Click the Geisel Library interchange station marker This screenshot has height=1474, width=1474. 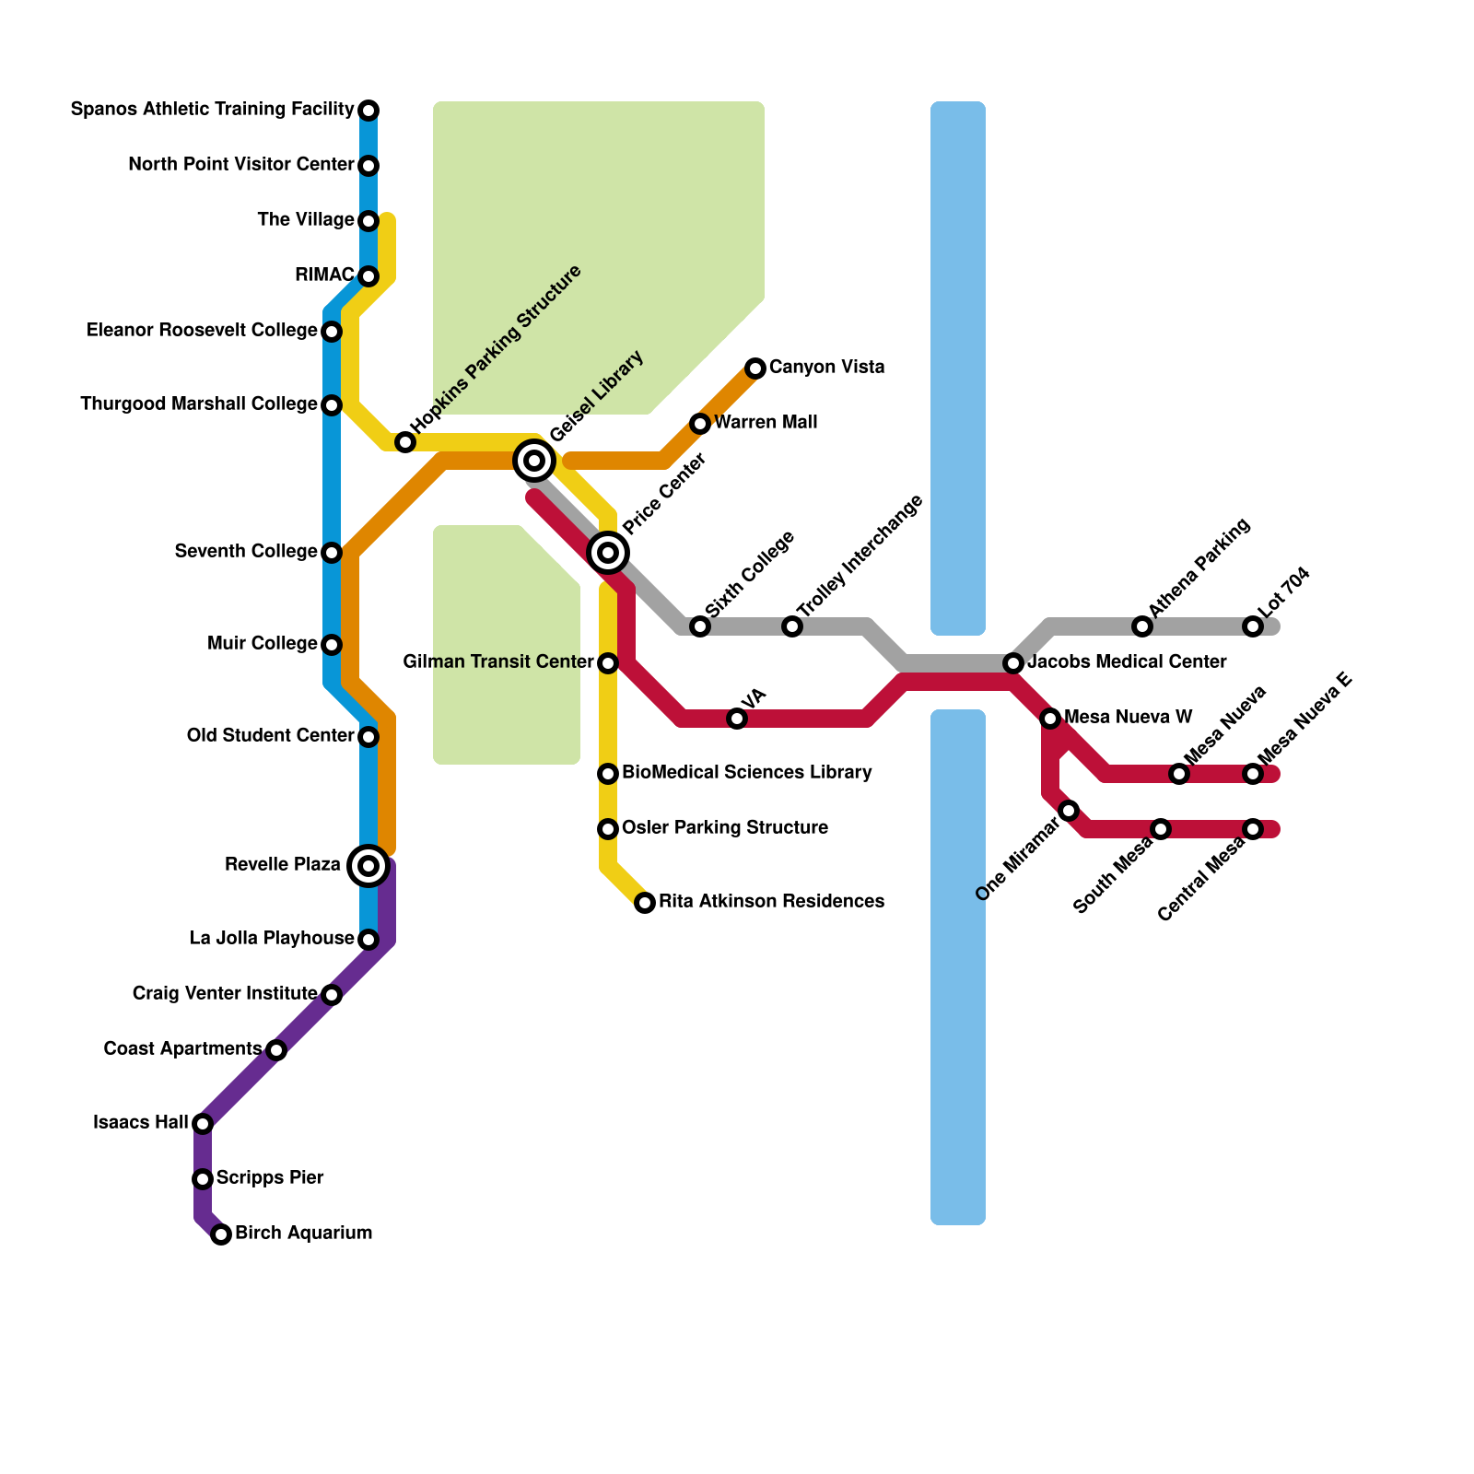click(x=534, y=460)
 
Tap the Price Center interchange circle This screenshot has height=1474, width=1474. click(x=608, y=553)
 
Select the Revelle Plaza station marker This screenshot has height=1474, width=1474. click(x=368, y=866)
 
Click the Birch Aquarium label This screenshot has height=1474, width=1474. click(x=303, y=1234)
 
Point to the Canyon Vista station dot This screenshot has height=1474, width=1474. click(x=755, y=368)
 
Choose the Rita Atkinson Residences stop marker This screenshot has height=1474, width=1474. click(x=645, y=903)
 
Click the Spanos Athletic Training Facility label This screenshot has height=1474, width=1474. click(x=212, y=110)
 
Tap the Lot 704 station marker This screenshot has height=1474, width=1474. click(x=1253, y=626)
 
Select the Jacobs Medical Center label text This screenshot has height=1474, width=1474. click(x=1127, y=662)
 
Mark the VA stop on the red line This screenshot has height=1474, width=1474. click(x=737, y=719)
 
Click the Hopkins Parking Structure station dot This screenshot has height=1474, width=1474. click(x=405, y=442)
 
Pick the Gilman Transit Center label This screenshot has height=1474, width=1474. click(x=498, y=662)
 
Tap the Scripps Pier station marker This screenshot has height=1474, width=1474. click(x=203, y=1179)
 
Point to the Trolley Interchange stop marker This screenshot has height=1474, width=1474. click(x=792, y=626)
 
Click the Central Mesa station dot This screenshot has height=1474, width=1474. click(x=1253, y=829)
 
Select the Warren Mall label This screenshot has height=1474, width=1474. click(x=766, y=423)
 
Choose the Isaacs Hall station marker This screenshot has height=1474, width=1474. click(x=203, y=1124)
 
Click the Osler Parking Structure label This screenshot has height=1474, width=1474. click(x=724, y=828)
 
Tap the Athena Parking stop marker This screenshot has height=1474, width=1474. click(x=1142, y=626)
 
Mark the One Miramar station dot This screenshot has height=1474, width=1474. click(x=1069, y=811)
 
